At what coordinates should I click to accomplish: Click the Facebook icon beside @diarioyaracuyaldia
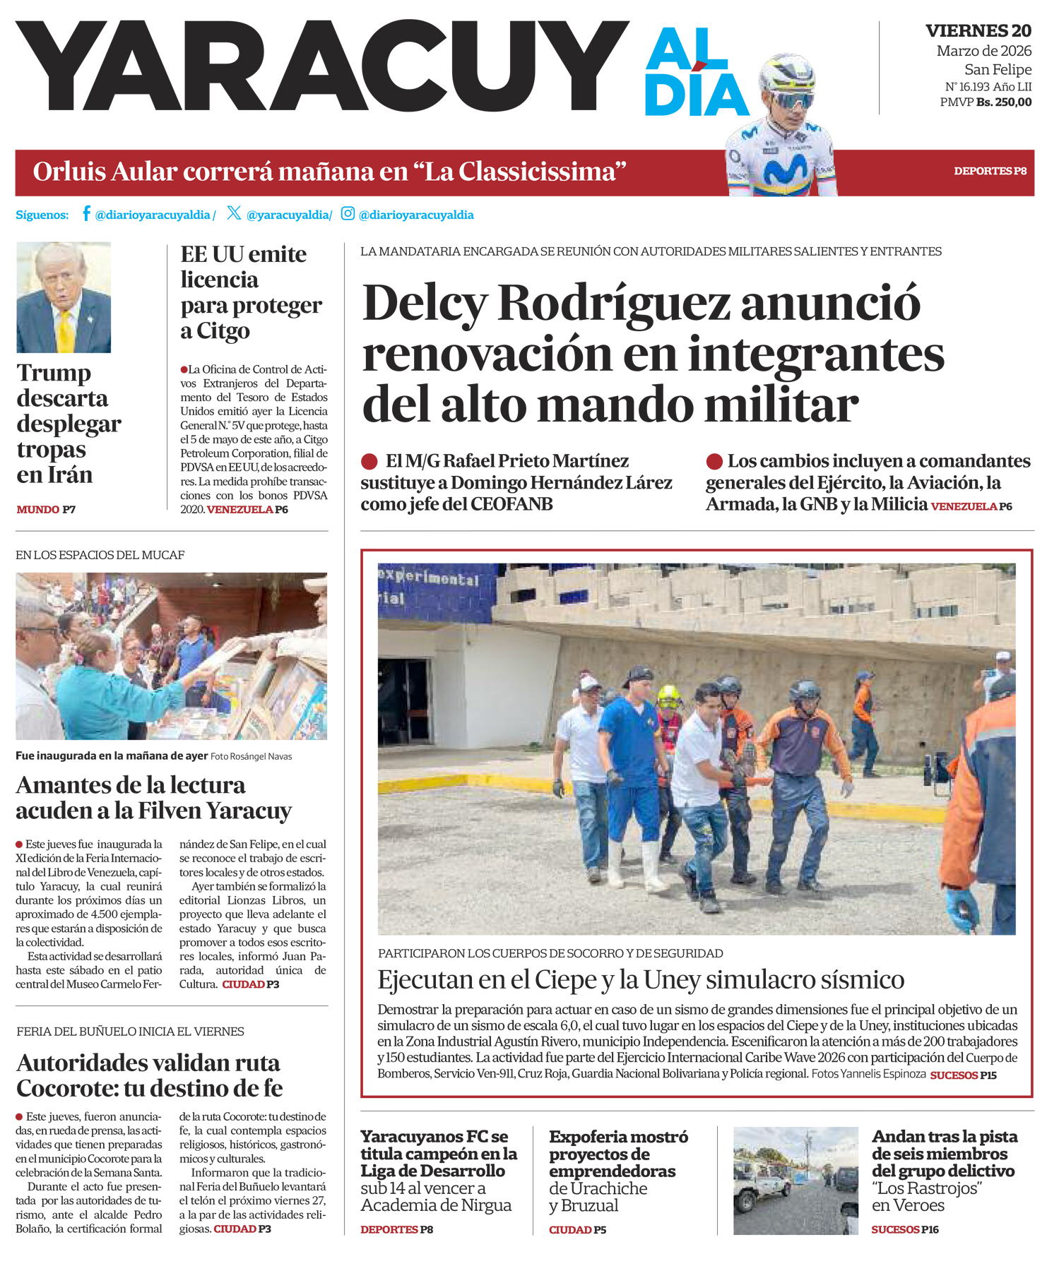pos(86,213)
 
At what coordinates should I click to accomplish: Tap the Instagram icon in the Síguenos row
pos(348,213)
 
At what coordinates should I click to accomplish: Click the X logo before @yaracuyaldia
pos(234,213)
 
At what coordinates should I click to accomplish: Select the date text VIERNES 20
pos(978,31)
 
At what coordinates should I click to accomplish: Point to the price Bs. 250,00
pos(1003,102)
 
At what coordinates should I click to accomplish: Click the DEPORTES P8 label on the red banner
pos(990,171)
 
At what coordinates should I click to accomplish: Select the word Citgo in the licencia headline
pos(223,330)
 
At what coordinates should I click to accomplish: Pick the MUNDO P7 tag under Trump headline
pos(46,509)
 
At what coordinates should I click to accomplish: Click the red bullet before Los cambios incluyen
pos(714,462)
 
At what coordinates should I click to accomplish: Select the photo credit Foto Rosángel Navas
pos(251,756)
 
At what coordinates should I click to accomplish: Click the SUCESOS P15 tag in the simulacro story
pos(963,1075)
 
